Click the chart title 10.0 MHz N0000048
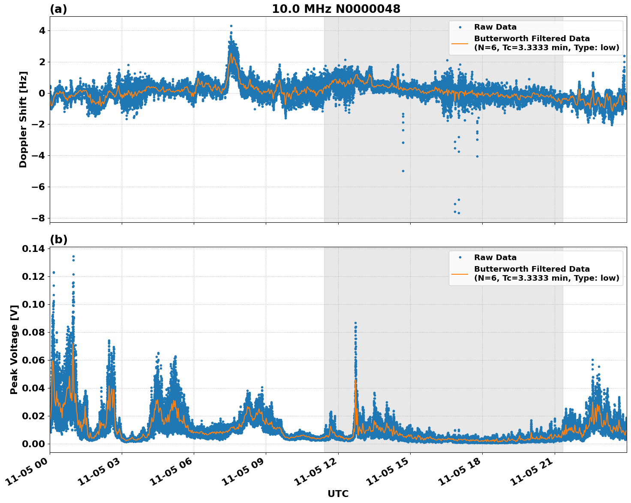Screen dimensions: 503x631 336,9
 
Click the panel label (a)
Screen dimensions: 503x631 58,9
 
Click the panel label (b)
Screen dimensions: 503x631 58,239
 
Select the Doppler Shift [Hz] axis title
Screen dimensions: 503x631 23,119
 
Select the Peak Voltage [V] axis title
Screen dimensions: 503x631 14,349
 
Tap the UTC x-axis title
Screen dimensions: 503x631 338,494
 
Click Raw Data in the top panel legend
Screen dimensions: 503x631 495,27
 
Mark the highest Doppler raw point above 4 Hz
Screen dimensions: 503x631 231,26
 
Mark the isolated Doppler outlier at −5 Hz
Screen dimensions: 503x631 403,171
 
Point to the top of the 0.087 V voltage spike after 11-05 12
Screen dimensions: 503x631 355,323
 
